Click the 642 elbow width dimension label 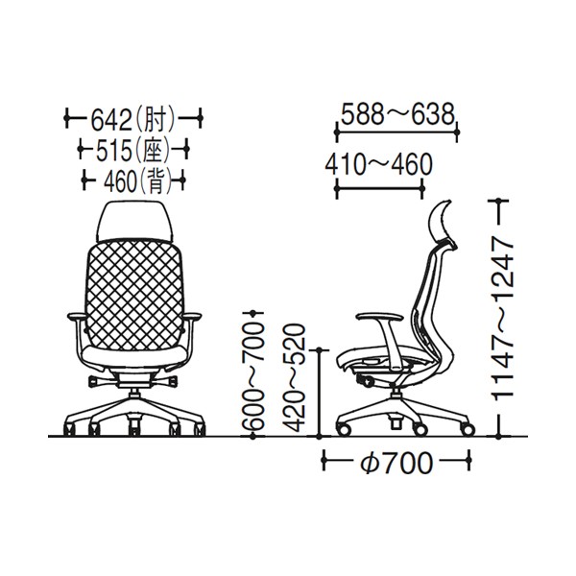click(x=132, y=120)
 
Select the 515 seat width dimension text click(x=132, y=150)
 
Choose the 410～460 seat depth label click(x=379, y=164)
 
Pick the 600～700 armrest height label click(x=253, y=375)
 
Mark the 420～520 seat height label click(x=295, y=377)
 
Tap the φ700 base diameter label click(x=396, y=463)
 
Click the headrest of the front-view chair click(x=134, y=221)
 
